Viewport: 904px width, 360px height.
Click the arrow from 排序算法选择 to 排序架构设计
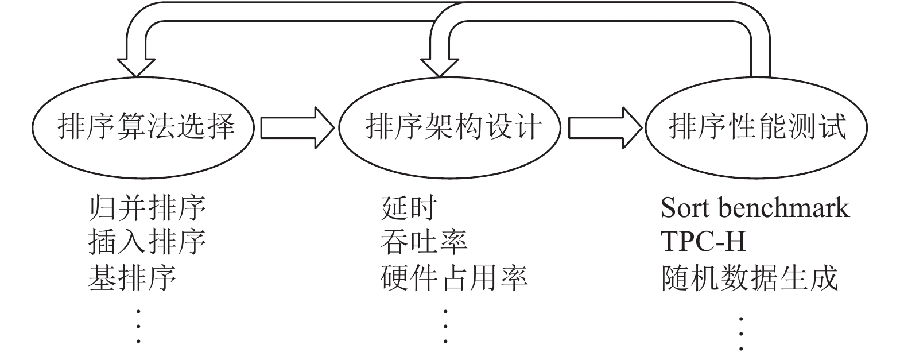pos(297,127)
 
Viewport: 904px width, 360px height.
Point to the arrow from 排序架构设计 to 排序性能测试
pos(604,127)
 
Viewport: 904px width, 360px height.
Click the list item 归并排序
pos(147,208)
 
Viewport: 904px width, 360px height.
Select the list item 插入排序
pos(147,242)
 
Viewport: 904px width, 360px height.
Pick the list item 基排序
pos(132,277)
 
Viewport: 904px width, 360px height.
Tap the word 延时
pos(409,208)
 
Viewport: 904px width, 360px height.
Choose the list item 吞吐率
pos(424,242)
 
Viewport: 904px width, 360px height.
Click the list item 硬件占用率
pos(453,277)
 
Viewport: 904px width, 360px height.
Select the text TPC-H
pos(703,242)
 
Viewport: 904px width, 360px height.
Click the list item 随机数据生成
pos(749,277)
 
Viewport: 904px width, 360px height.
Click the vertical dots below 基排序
pos(138,326)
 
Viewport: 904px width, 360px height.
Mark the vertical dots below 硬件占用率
pos(445,326)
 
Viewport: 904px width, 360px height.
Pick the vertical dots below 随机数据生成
pos(741,332)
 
